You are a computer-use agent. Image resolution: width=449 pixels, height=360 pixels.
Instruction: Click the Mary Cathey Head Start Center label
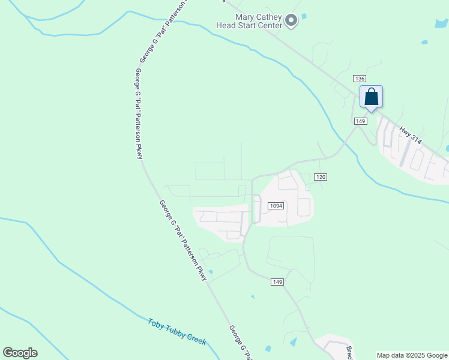coord(250,22)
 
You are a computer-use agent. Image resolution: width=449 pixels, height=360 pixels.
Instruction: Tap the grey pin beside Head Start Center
coord(291,21)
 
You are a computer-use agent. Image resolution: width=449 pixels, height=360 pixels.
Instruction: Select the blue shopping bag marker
coord(371,97)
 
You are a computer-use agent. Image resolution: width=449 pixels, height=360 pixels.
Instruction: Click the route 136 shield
coord(360,79)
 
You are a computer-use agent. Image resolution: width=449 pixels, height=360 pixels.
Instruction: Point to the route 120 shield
coord(321,177)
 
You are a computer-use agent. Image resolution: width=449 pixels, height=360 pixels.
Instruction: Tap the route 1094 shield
coord(276,206)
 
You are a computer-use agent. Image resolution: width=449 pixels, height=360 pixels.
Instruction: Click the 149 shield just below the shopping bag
coord(360,121)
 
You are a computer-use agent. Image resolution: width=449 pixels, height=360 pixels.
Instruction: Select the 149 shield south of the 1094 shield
coord(277,282)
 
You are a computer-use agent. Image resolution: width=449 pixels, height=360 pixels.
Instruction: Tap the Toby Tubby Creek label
coord(177,331)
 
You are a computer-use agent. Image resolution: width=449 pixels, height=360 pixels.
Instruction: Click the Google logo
coord(20,353)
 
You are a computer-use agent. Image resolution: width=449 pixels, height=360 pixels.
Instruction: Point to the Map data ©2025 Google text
coord(412,355)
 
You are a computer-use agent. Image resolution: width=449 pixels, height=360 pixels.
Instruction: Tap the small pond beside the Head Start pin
coord(304,16)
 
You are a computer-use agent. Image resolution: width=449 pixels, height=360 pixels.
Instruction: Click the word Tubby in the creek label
coord(176,331)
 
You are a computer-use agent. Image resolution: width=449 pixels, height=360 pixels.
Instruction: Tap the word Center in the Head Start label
coord(268,25)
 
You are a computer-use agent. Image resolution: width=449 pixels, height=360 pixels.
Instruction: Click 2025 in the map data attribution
coord(415,355)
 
